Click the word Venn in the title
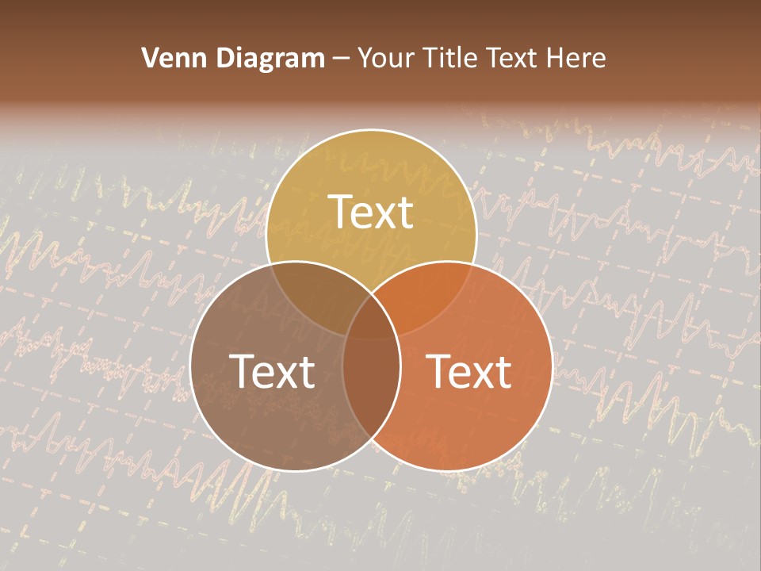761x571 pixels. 166,58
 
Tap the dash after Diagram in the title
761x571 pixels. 342,59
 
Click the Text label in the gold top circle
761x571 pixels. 371,212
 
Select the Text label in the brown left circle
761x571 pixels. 272,371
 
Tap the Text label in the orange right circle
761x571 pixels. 469,371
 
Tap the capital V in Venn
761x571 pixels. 149,58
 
